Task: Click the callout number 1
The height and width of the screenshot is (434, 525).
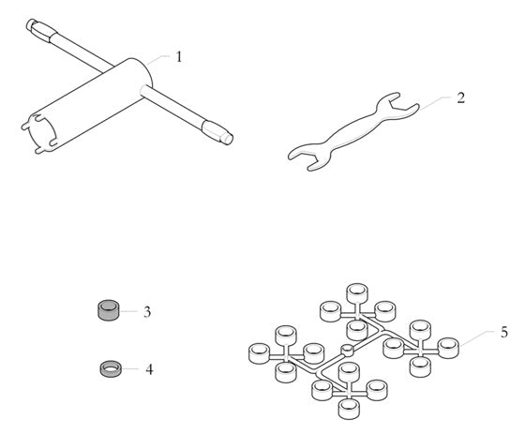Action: tap(179, 56)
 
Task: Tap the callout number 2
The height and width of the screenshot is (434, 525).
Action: tap(461, 97)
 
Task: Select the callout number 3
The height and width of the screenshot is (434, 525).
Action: tap(147, 312)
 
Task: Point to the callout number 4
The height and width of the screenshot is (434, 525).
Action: tap(149, 369)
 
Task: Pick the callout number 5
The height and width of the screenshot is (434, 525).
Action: tap(504, 332)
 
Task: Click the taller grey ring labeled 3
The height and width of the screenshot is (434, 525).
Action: tap(108, 310)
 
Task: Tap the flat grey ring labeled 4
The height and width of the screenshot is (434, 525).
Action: tap(111, 368)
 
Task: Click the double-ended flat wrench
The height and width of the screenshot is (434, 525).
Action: tap(353, 131)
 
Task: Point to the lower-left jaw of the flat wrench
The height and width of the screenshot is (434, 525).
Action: tap(309, 157)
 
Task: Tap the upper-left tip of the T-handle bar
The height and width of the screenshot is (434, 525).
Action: tap(29, 22)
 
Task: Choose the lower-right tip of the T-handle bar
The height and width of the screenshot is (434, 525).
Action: tap(229, 139)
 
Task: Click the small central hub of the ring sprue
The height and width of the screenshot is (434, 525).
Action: tap(347, 351)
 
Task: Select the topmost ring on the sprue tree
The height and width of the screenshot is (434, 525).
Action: tap(356, 293)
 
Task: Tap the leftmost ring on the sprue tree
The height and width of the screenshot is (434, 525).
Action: tap(259, 353)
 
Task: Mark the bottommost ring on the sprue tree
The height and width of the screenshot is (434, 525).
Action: tap(349, 409)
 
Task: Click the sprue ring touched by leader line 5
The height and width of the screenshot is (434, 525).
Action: tap(448, 348)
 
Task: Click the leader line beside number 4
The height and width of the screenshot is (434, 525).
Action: tap(130, 369)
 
